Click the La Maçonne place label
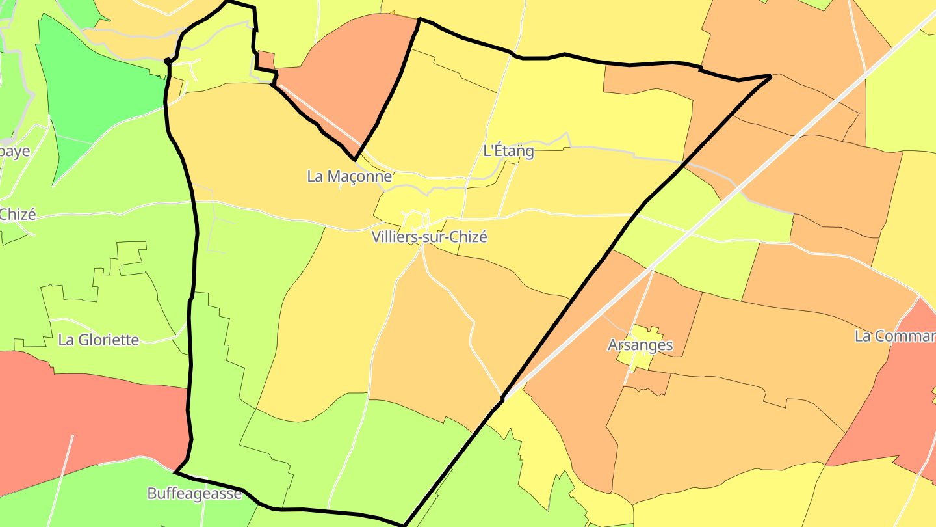350,176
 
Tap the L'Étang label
508,151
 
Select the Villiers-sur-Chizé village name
430,237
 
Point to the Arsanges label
640,345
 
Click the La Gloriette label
99,340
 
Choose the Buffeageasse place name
194,493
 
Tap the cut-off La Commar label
895,336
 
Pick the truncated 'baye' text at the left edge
15,151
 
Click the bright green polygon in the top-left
97,91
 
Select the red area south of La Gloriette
84,416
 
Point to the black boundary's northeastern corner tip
770,76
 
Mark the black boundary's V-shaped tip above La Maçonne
354,159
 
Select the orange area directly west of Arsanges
572,364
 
